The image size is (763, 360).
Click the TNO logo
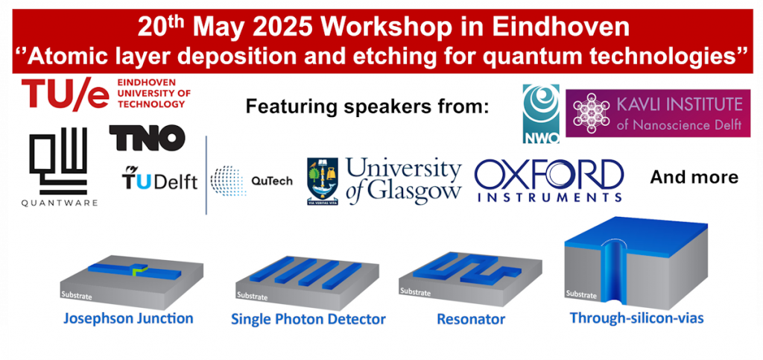point(147,137)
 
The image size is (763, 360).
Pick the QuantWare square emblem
point(58,160)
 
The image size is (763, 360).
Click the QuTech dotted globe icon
point(228,181)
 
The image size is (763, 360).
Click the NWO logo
point(541,114)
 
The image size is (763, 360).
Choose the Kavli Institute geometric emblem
point(591,113)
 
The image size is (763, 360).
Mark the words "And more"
point(694,178)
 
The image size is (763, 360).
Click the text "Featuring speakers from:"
point(367,106)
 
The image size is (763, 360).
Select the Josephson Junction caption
point(129,319)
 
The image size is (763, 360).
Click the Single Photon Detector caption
point(308,319)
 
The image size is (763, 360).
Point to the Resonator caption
point(471,320)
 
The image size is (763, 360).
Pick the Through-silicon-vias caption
point(637,318)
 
